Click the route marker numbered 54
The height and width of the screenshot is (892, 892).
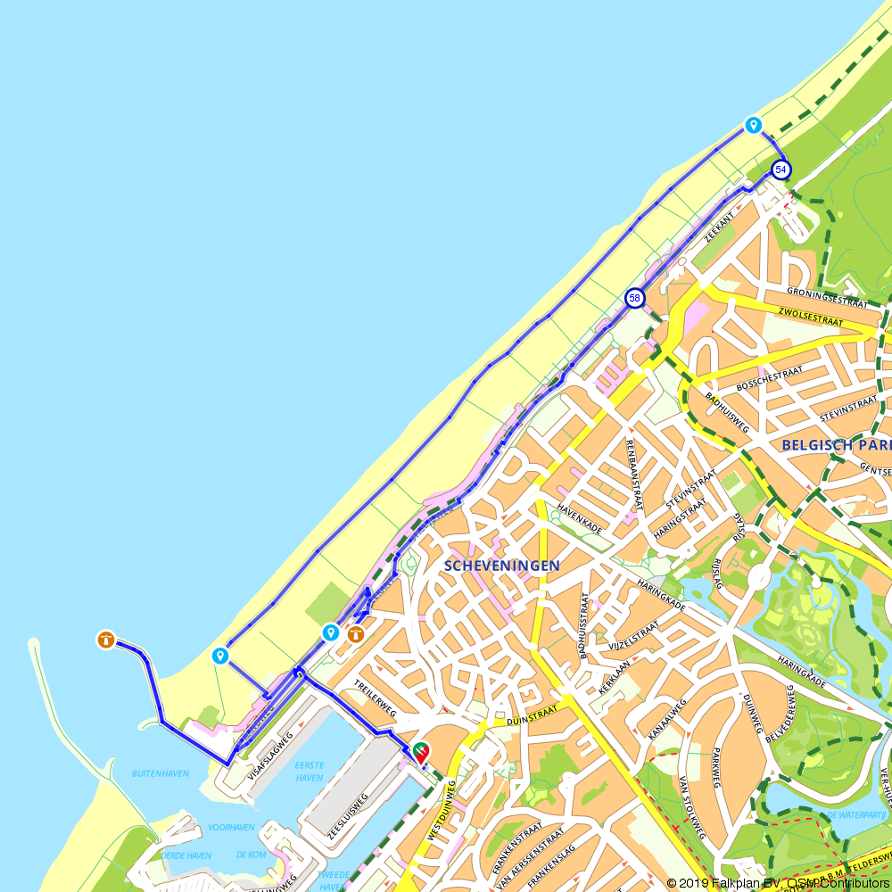click(x=780, y=169)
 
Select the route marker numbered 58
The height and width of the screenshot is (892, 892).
click(x=634, y=298)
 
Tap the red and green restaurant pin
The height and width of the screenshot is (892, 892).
click(x=418, y=752)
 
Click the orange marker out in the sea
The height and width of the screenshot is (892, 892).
click(x=106, y=640)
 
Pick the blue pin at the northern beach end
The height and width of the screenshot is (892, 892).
click(x=754, y=125)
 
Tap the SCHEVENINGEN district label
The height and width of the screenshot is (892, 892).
click(x=502, y=566)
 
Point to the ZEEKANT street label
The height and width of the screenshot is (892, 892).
click(x=718, y=227)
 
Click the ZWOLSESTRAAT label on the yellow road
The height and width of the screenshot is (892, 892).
click(x=810, y=317)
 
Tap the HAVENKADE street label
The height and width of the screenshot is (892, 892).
click(x=580, y=516)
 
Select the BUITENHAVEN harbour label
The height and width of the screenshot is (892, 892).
click(x=161, y=773)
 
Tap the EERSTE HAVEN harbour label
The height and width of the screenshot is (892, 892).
click(x=309, y=772)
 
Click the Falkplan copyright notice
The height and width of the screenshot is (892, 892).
click(x=778, y=883)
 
